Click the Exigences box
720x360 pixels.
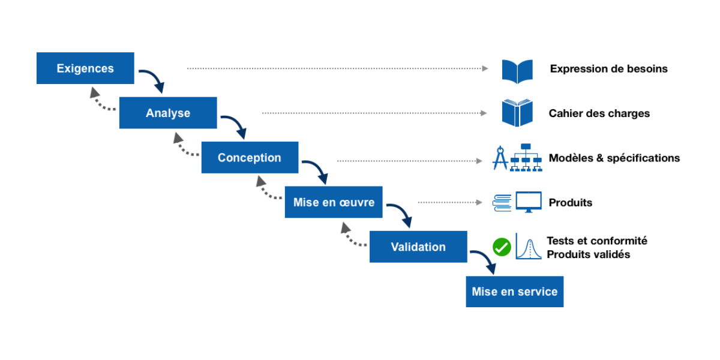(85, 68)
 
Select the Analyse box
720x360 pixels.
(167, 113)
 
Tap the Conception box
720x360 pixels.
(249, 157)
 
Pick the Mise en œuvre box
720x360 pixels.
(333, 202)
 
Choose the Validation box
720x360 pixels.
(418, 247)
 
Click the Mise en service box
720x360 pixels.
(514, 292)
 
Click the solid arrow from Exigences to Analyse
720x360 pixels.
(154, 79)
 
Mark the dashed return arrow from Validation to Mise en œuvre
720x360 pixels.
(351, 236)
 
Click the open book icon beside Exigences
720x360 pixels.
(517, 71)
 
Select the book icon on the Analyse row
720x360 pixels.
(517, 113)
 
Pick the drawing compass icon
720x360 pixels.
(500, 158)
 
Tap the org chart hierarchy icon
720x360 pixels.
(526, 158)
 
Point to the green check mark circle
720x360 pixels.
(502, 247)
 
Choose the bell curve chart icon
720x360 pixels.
(529, 247)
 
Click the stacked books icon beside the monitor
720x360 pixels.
(502, 203)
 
